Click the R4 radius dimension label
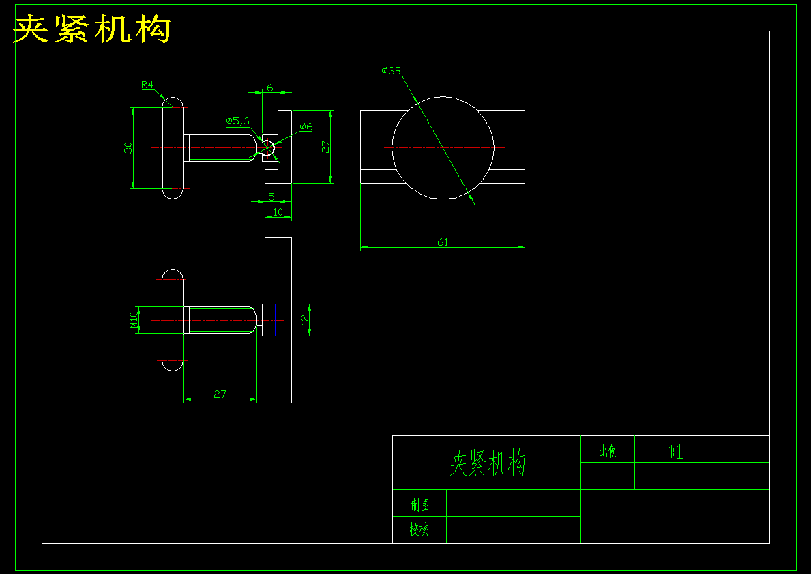(x=147, y=85)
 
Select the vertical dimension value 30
(x=128, y=148)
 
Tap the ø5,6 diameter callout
(x=238, y=121)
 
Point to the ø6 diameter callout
(x=306, y=127)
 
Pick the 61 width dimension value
(x=443, y=242)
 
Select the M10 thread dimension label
(x=134, y=319)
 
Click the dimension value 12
(x=306, y=319)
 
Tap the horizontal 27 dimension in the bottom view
(x=220, y=394)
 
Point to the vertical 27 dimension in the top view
(x=325, y=147)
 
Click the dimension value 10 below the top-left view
(x=278, y=212)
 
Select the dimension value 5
(x=271, y=197)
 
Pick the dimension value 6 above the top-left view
(x=270, y=87)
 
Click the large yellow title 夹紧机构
(x=92, y=29)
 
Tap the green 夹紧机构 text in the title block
(x=487, y=464)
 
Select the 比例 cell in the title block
(x=608, y=451)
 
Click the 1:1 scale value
(x=675, y=451)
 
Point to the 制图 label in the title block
(x=419, y=505)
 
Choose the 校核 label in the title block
(x=419, y=530)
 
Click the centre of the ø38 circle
(x=443, y=147)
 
